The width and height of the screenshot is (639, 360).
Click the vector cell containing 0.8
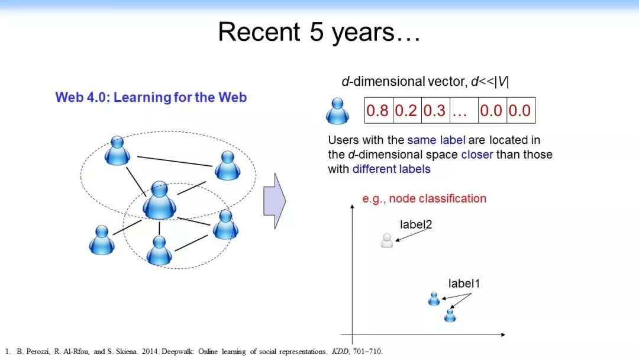tap(379, 110)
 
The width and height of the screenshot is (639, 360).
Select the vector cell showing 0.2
tap(407, 110)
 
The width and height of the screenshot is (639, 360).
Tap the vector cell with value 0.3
tap(435, 110)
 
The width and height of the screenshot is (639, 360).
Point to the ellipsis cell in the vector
tap(464, 110)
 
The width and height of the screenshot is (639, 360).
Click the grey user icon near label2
tap(387, 240)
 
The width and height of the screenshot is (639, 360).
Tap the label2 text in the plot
tap(416, 224)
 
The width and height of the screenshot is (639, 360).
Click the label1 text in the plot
tap(464, 284)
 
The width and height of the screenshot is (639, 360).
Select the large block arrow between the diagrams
tap(275, 201)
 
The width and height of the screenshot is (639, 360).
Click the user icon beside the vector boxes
tap(337, 111)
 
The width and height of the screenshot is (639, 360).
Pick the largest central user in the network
tap(159, 200)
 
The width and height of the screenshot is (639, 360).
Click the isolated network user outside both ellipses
tap(102, 240)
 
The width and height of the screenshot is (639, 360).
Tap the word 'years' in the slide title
tap(363, 32)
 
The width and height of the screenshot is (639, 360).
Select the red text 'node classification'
tap(438, 198)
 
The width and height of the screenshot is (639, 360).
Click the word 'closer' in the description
tap(477, 155)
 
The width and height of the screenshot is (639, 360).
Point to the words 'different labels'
tap(391, 169)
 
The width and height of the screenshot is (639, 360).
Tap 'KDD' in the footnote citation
tap(340, 352)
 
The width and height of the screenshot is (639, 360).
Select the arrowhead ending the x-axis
tap(503, 335)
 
